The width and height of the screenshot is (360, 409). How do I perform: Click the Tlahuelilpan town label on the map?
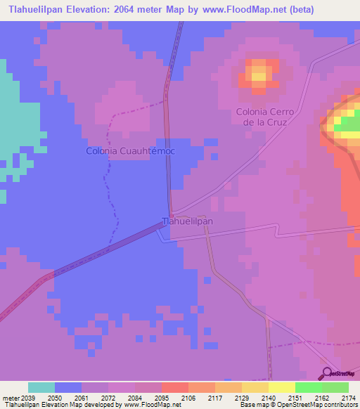click(188, 221)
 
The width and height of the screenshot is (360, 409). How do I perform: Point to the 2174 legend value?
click(340, 398)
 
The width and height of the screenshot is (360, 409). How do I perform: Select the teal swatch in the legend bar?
click(41, 387)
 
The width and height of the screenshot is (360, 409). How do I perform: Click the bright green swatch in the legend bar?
click(308, 387)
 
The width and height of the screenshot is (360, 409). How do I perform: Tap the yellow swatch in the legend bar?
click(281, 387)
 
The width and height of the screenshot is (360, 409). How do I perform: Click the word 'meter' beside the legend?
click(12, 398)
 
